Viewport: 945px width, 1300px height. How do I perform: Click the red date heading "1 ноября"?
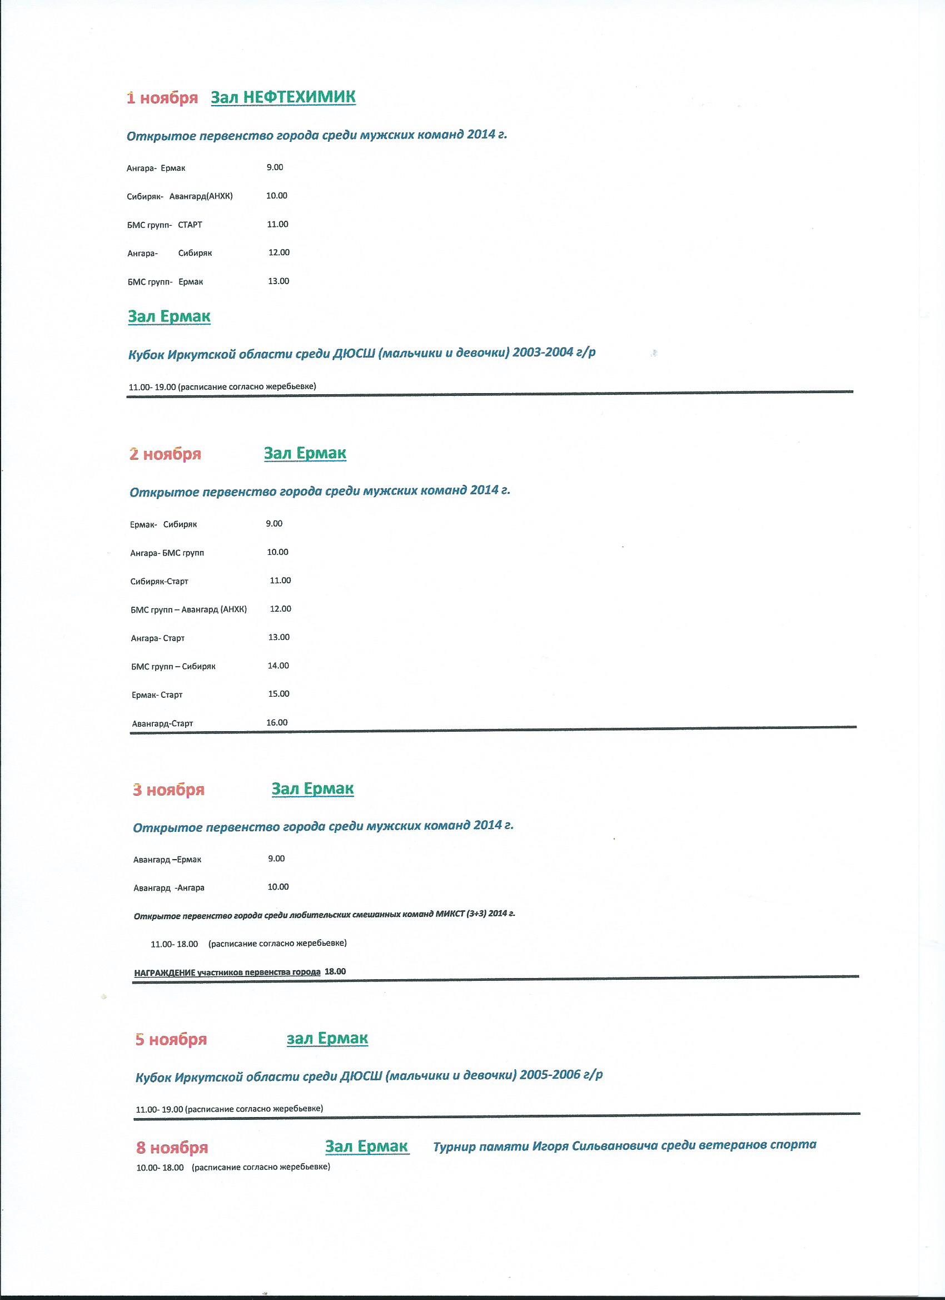tap(162, 98)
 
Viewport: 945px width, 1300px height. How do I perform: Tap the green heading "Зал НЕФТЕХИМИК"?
tap(283, 97)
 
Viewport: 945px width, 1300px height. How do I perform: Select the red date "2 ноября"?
tap(165, 454)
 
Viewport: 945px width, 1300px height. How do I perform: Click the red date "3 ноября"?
tap(168, 791)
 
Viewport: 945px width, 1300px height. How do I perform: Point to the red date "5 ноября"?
tap(171, 1040)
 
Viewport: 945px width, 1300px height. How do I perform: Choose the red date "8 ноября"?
tap(172, 1148)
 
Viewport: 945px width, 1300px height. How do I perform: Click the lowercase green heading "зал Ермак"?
tap(327, 1039)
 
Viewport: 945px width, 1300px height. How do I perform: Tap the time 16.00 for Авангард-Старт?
tap(277, 723)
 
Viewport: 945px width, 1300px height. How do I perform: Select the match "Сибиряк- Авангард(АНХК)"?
tap(180, 197)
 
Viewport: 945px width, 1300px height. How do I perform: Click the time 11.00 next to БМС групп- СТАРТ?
tap(277, 225)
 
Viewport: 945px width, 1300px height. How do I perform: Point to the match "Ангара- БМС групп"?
tap(167, 553)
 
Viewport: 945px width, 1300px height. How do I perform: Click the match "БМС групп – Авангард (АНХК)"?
tap(188, 610)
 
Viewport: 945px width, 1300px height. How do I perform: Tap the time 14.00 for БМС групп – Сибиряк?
tap(278, 666)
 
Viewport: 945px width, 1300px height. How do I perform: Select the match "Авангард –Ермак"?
tap(167, 860)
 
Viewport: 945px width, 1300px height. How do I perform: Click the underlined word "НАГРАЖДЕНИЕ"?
tap(165, 972)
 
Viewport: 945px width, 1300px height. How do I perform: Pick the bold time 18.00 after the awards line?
tap(335, 971)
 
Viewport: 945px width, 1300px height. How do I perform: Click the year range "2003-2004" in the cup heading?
tap(543, 353)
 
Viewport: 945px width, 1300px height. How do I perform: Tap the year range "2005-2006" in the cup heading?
tap(550, 1075)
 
